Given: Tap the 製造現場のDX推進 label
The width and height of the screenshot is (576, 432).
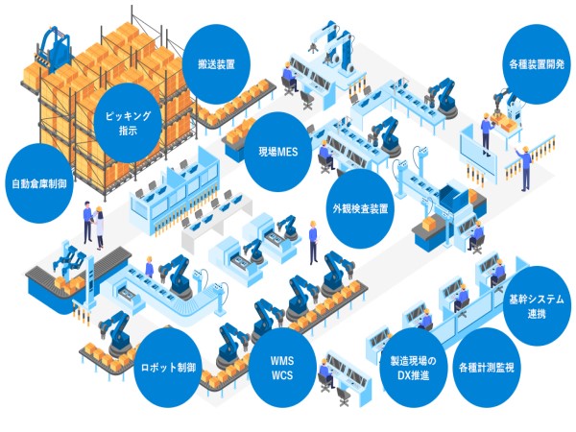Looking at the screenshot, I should click(412, 367).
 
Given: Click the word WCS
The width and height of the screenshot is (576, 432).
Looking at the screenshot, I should click(288, 378).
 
